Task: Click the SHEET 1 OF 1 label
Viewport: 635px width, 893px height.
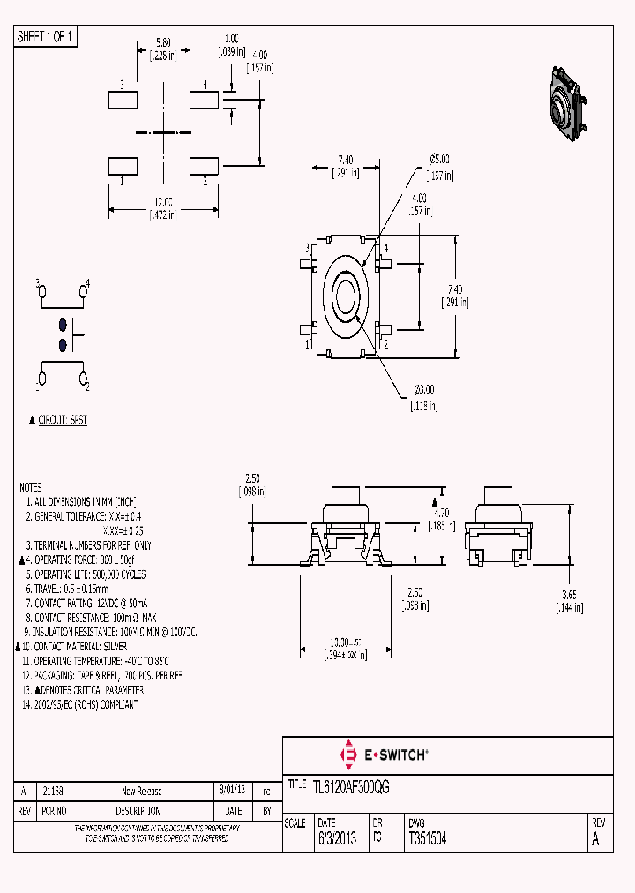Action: pyautogui.click(x=46, y=36)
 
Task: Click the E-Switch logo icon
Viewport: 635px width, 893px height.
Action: pyautogui.click(x=347, y=754)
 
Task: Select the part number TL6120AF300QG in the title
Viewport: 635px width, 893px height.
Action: pyautogui.click(x=351, y=785)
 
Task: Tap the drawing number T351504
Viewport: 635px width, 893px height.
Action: pyautogui.click(x=427, y=840)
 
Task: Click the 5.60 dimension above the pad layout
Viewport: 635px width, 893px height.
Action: pyautogui.click(x=164, y=42)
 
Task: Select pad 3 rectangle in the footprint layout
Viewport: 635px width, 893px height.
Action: pyautogui.click(x=123, y=99)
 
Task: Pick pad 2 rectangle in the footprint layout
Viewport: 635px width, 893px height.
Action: pyautogui.click(x=204, y=165)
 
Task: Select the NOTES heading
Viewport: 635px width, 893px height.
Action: pyautogui.click(x=30, y=487)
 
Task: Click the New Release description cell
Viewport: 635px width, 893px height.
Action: pyautogui.click(x=141, y=791)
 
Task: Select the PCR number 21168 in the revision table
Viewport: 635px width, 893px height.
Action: pyautogui.click(x=53, y=791)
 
